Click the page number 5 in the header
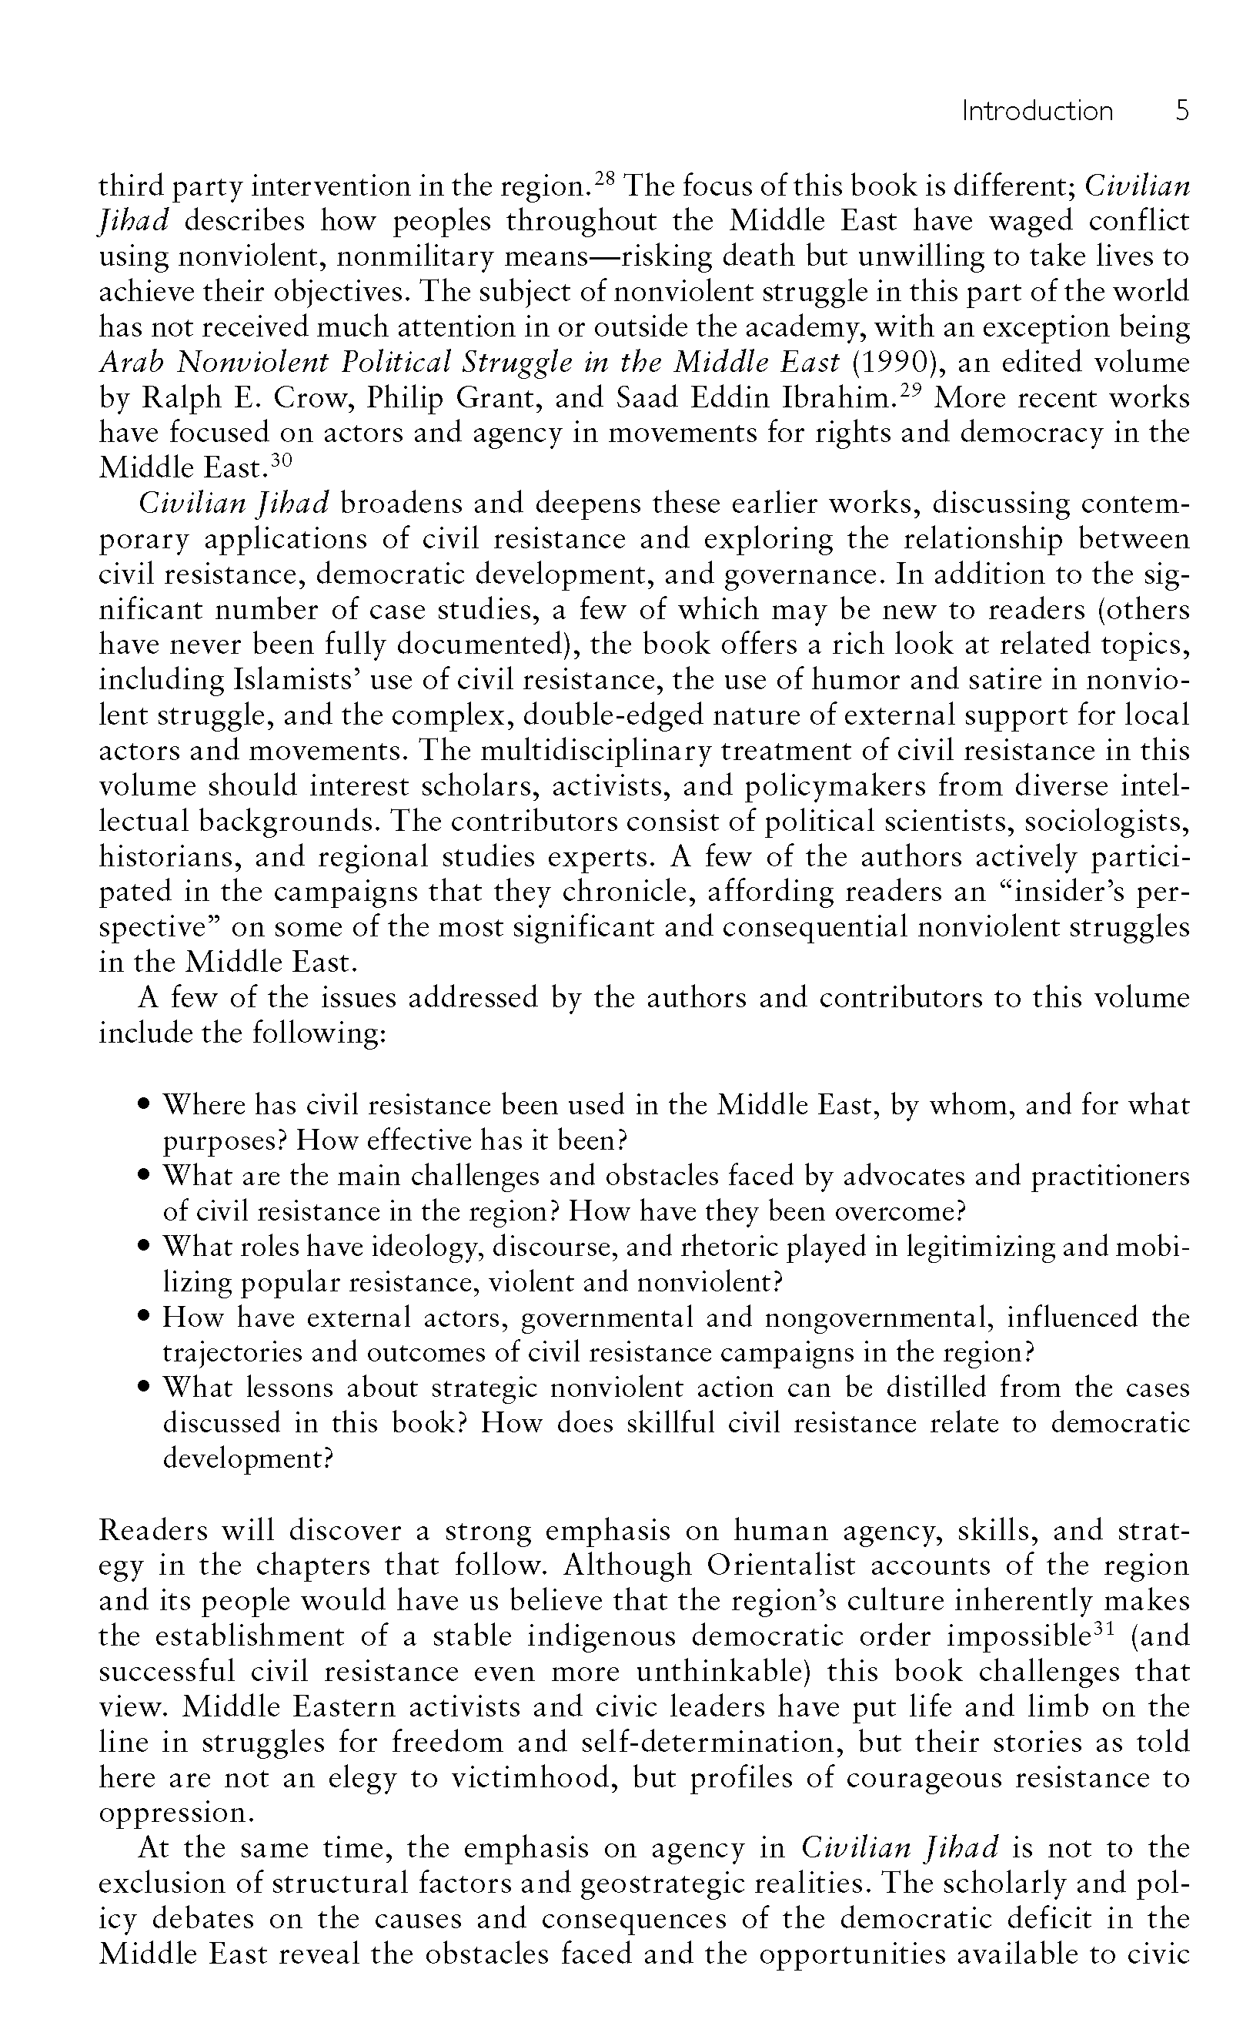(x=1181, y=110)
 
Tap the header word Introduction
(x=1037, y=110)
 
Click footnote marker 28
(x=604, y=176)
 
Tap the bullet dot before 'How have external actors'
(x=144, y=1317)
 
